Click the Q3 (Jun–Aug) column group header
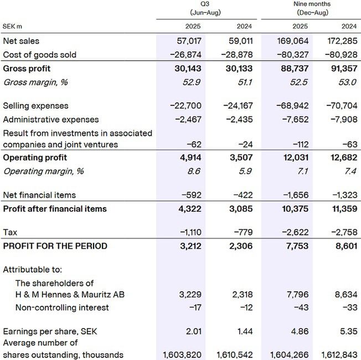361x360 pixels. point(205,8)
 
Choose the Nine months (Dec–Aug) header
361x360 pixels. point(312,8)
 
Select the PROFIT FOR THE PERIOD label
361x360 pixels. point(55,246)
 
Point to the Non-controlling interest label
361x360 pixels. point(62,307)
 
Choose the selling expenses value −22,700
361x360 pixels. point(185,106)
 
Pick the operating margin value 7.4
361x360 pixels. point(350,172)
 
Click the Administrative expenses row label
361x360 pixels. point(50,120)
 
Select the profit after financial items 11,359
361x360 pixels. point(342,209)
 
